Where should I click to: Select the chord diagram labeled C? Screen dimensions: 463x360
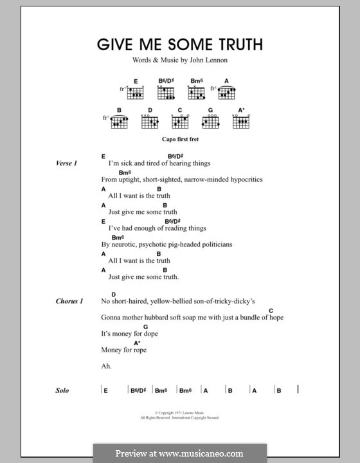click(180, 122)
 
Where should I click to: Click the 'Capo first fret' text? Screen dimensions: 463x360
click(180, 138)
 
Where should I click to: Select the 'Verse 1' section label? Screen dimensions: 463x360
click(67, 164)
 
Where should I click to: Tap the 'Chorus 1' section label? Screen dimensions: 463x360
click(69, 301)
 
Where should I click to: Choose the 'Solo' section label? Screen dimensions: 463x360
click(62, 390)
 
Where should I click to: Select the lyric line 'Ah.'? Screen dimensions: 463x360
click(106, 367)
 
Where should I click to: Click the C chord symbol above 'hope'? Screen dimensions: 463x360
click(271, 311)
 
